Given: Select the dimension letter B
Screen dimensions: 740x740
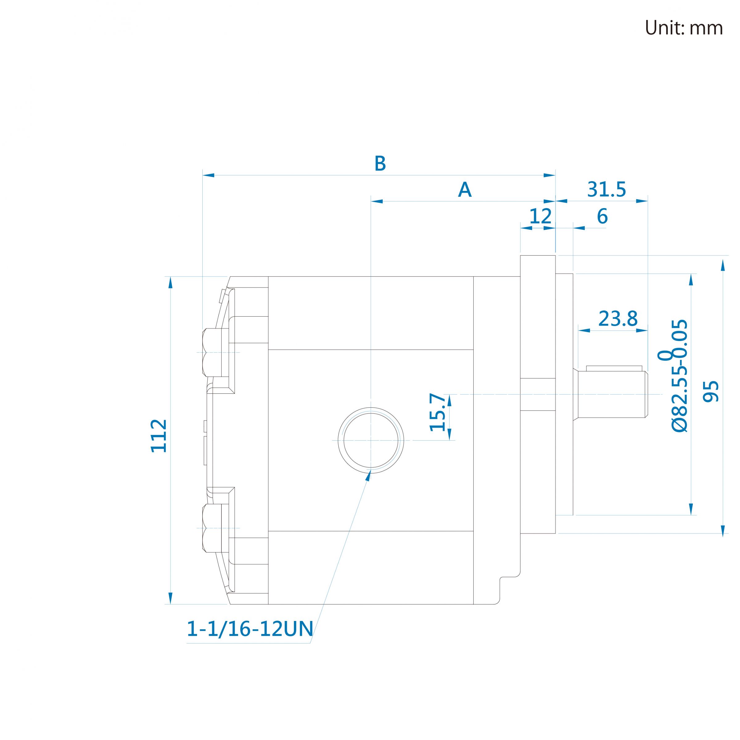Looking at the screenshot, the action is coord(380,163).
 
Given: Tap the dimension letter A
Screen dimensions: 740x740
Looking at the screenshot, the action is coord(465,189).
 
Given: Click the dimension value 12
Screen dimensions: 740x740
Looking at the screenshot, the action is coord(540,216).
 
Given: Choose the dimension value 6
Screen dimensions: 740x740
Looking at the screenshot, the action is coord(602,216).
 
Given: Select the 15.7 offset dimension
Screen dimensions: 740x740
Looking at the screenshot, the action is coord(438,412).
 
